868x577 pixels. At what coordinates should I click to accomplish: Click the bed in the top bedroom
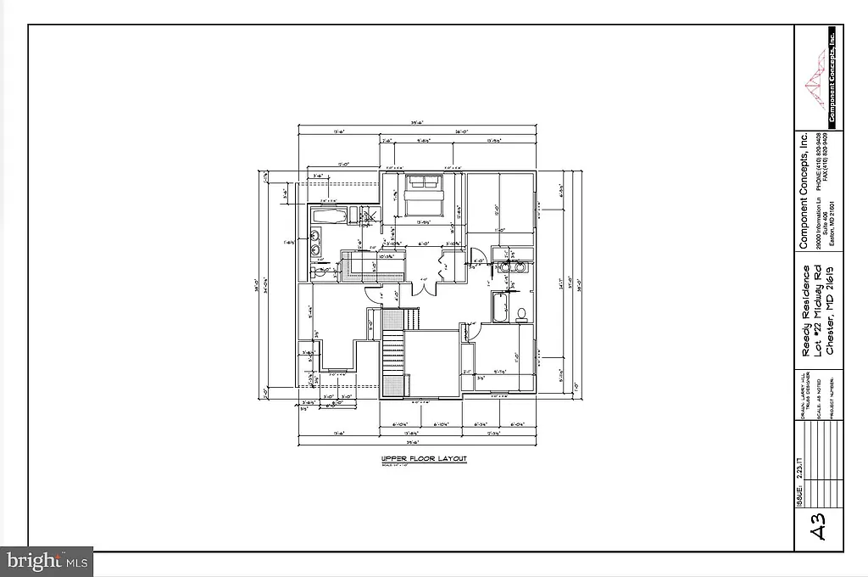(x=422, y=199)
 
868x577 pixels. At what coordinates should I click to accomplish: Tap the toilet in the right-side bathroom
(x=522, y=313)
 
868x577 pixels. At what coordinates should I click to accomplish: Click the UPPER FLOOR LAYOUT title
(x=423, y=459)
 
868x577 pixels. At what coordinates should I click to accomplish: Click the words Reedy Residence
(x=806, y=300)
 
